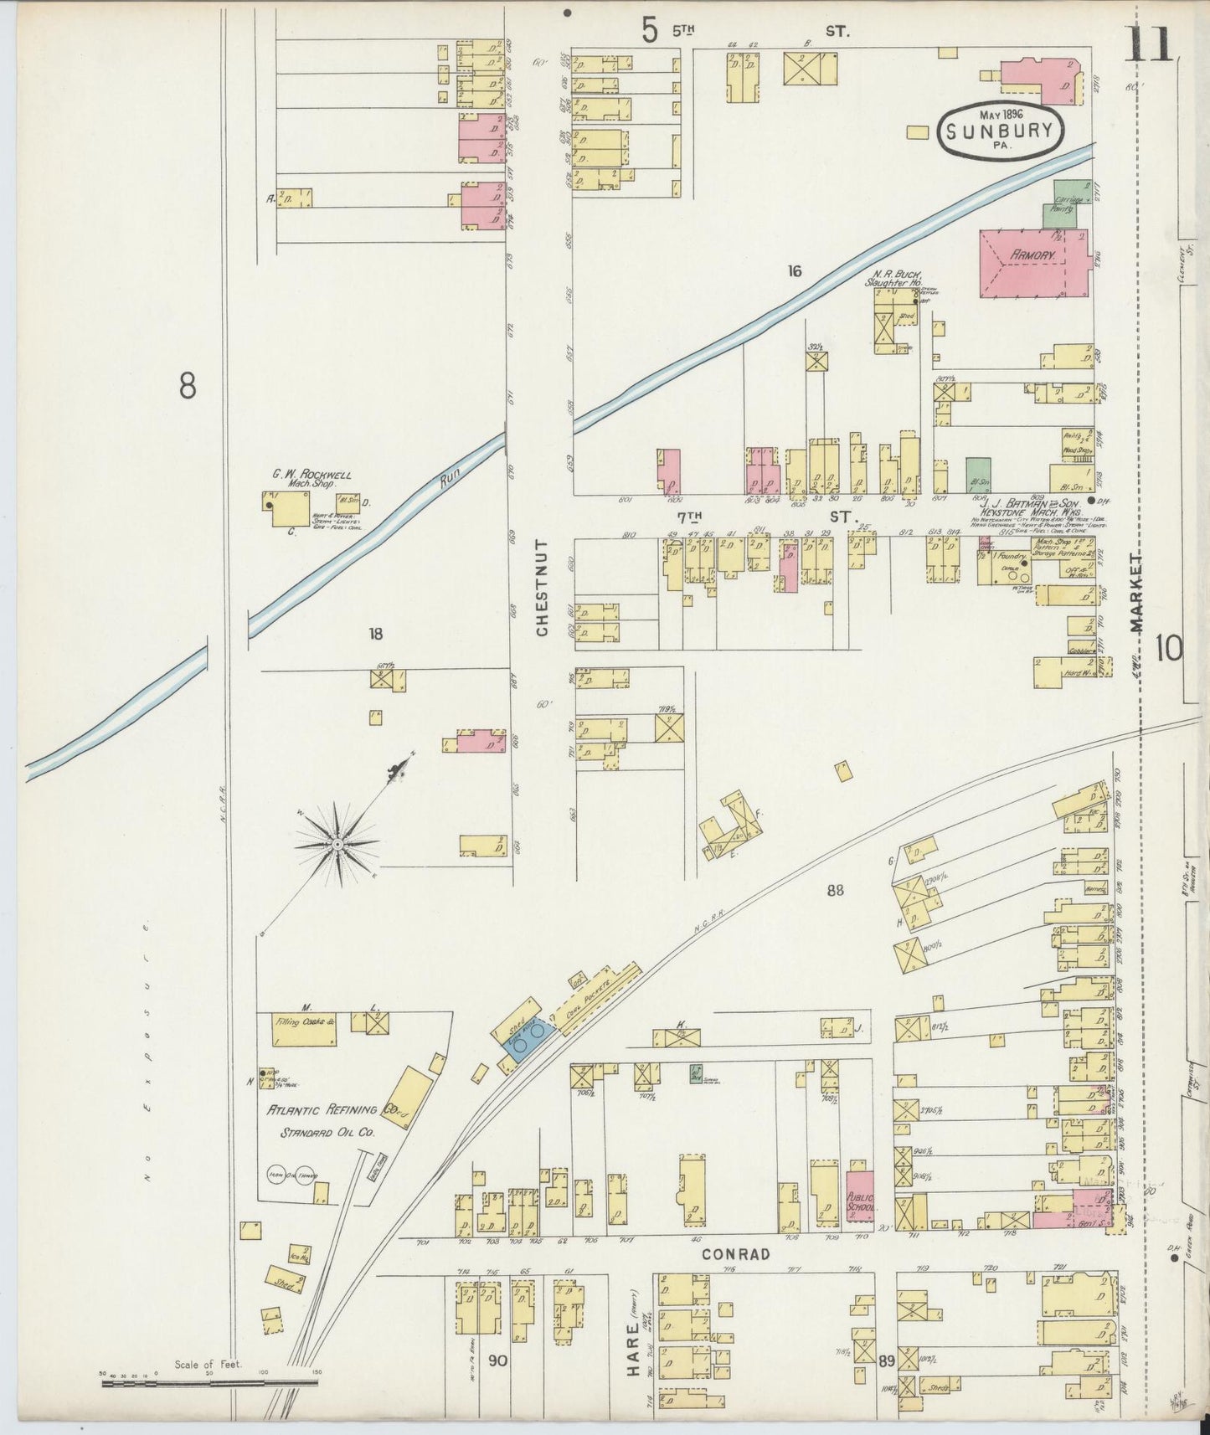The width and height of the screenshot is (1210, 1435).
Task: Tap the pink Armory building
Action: pyautogui.click(x=1033, y=263)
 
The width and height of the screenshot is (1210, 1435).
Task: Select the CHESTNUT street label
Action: pyautogui.click(x=542, y=588)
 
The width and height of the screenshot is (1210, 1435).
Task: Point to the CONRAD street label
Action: pyautogui.click(x=735, y=1254)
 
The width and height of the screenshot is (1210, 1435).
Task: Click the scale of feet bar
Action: pyautogui.click(x=209, y=1383)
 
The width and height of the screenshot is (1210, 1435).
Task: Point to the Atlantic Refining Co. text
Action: pyautogui.click(x=332, y=1111)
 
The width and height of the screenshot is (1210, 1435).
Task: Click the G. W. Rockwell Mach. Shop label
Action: pyautogui.click(x=311, y=479)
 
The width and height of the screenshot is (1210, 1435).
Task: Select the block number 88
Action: pyautogui.click(x=835, y=891)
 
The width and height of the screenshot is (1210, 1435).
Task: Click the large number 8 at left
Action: pyautogui.click(x=188, y=385)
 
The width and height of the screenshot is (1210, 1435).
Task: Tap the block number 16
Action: pyautogui.click(x=794, y=270)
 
